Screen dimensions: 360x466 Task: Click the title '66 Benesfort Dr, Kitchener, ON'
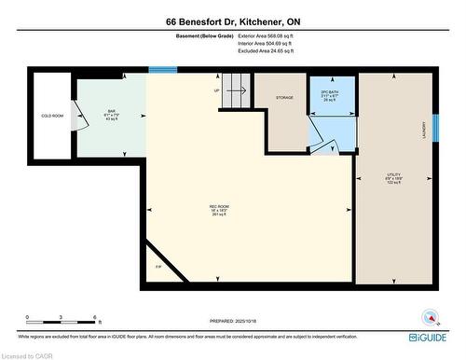pyautogui.click(x=232, y=21)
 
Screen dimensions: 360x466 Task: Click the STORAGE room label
pyautogui.click(x=284, y=96)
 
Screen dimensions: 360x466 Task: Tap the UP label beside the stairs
pyautogui.click(x=217, y=90)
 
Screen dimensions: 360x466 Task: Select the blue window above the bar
pyautogui.click(x=162, y=70)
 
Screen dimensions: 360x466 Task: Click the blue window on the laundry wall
pyautogui.click(x=434, y=125)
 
